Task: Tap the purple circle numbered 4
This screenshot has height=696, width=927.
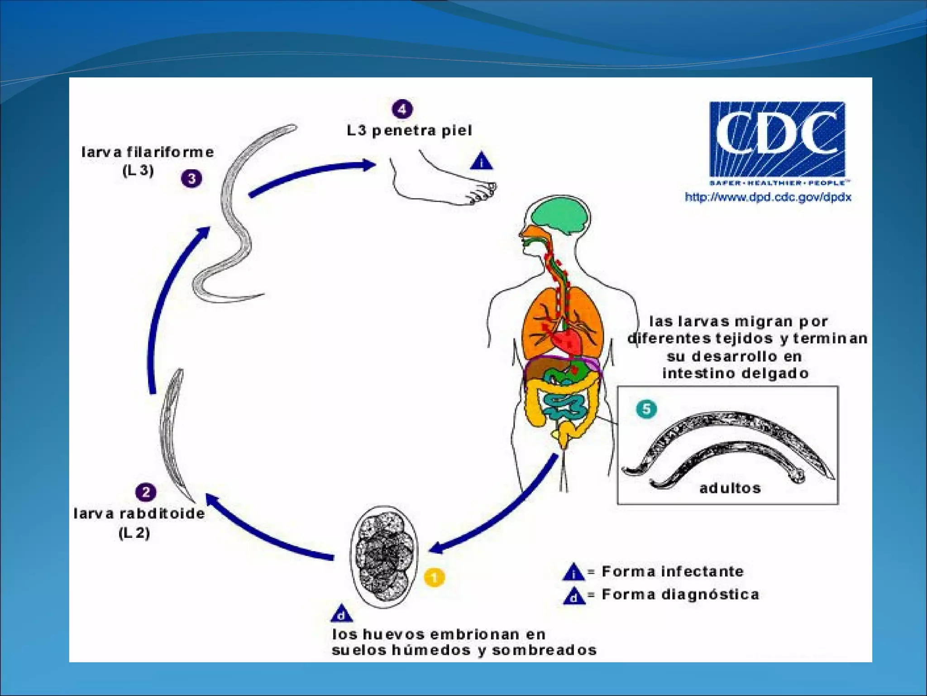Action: (x=402, y=109)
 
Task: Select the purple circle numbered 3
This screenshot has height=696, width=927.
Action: (x=191, y=179)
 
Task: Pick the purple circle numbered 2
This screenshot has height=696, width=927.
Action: (x=146, y=492)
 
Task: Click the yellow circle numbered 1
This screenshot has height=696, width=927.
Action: (x=434, y=577)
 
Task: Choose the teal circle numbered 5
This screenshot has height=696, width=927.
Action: (x=646, y=409)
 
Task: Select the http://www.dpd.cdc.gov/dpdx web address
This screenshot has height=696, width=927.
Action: (x=768, y=197)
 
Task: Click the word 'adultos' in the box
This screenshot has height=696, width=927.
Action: (x=730, y=488)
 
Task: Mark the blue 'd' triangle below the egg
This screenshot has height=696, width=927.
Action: (x=342, y=614)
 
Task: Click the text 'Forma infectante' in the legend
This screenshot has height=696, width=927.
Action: (x=672, y=571)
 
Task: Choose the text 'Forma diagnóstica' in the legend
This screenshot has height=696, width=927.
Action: (x=680, y=594)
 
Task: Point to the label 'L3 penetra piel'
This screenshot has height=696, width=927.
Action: (x=409, y=130)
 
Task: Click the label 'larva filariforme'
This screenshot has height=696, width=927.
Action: (x=148, y=152)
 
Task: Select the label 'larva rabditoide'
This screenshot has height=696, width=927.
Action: (x=139, y=513)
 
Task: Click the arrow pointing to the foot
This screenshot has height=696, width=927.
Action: (x=312, y=174)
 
